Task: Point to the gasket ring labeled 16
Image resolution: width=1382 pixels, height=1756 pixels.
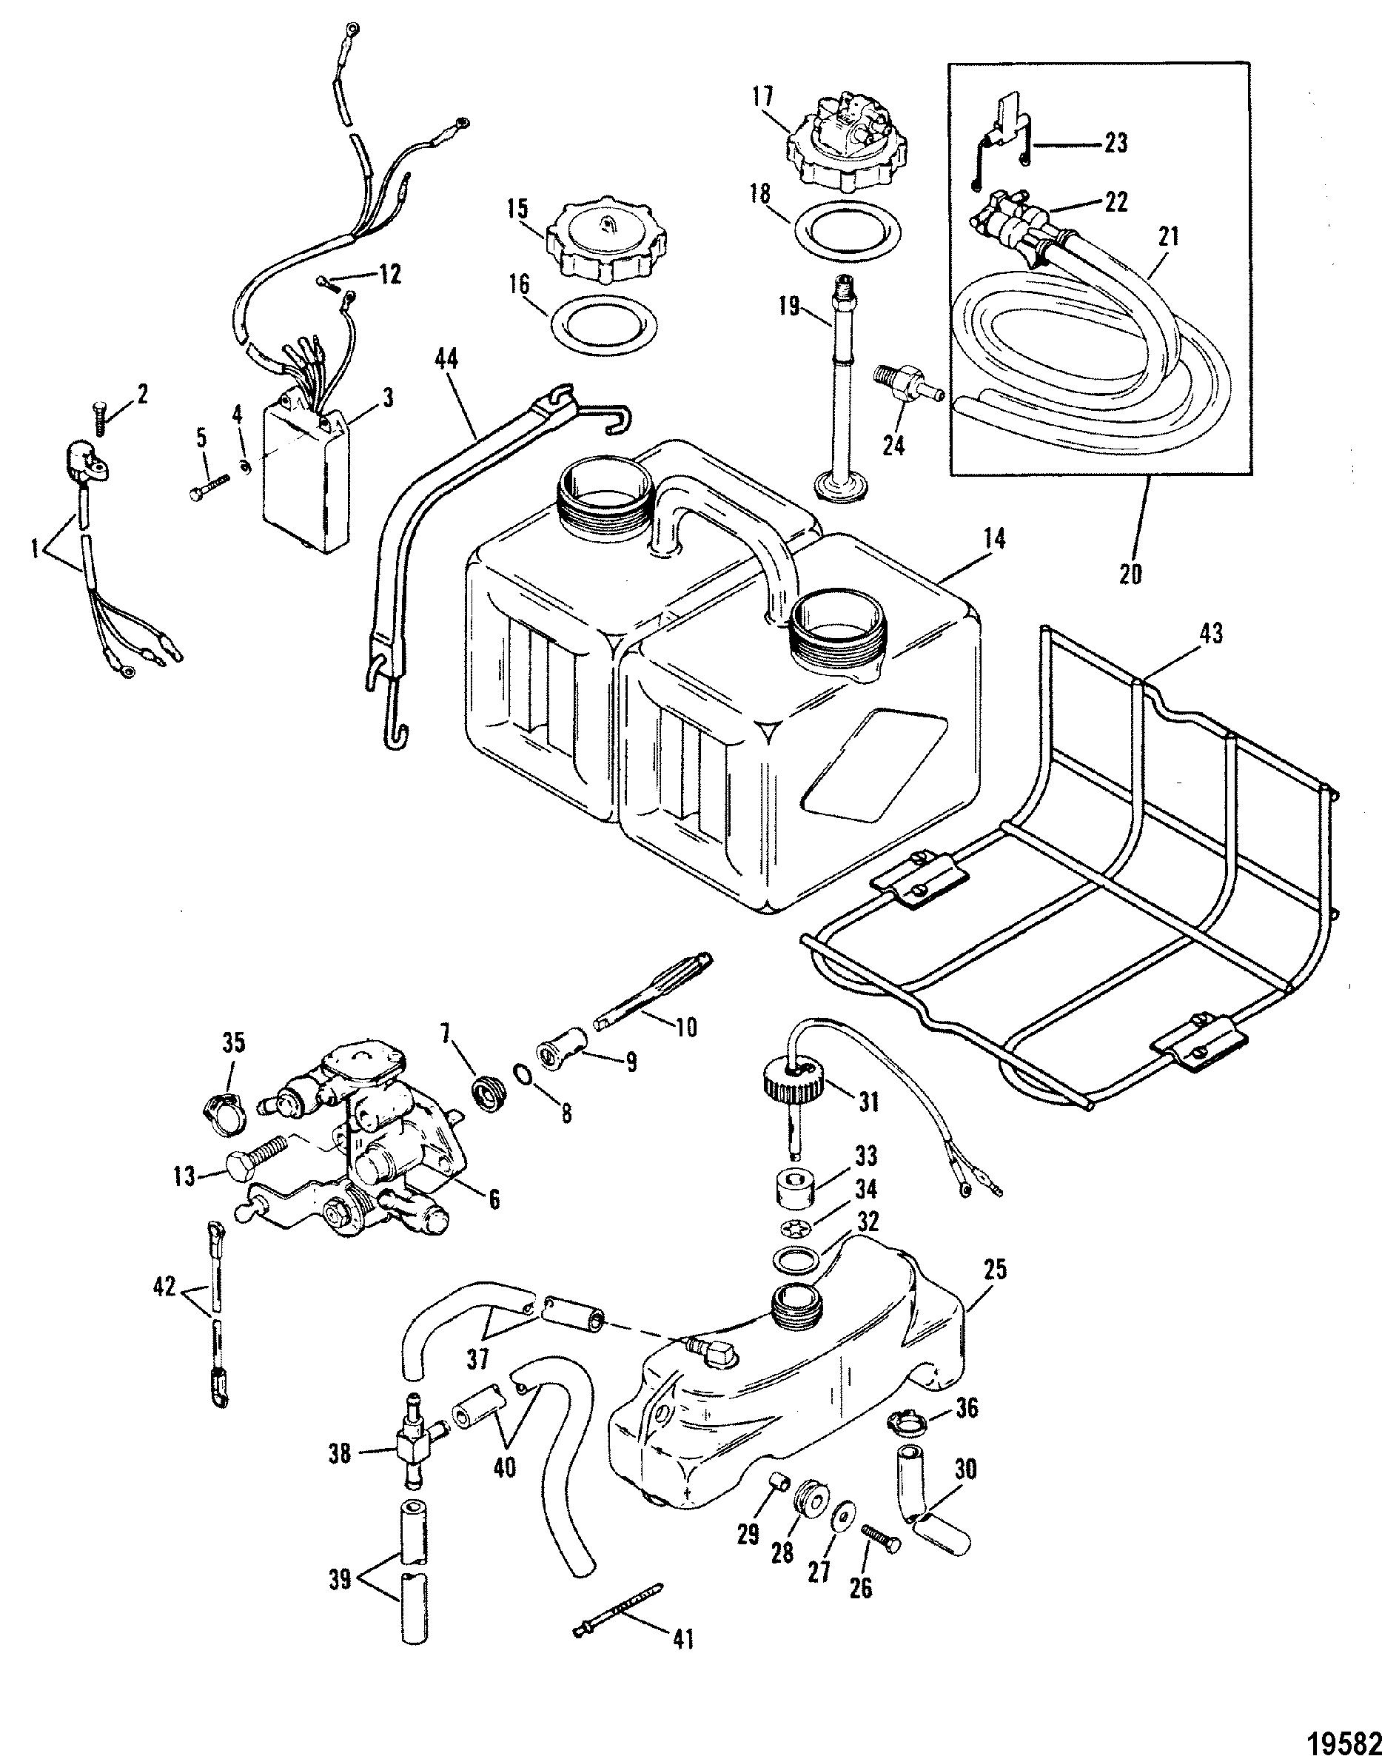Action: [600, 324]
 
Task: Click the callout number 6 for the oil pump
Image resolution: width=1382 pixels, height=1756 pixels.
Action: [493, 1219]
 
